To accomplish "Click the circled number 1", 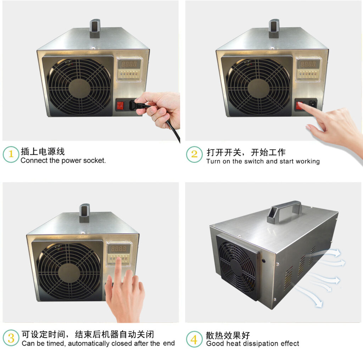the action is click(x=11, y=154).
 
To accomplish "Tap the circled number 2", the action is click(x=194, y=154).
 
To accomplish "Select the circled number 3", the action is click(x=11, y=338).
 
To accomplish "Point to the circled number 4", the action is click(x=194, y=339).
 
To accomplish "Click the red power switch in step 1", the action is click(x=121, y=105).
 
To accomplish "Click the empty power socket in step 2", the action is click(x=312, y=104).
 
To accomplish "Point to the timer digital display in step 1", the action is click(x=129, y=64).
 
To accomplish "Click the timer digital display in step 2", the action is click(x=308, y=64).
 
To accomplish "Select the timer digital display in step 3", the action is click(x=119, y=249).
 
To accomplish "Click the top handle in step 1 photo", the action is click(x=95, y=28).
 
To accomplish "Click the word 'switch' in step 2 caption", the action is click(x=255, y=161).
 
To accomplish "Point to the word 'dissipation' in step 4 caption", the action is click(x=262, y=344).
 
